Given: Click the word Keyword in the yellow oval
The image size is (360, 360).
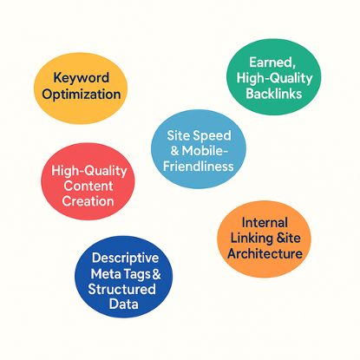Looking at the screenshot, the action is pyautogui.click(x=82, y=78).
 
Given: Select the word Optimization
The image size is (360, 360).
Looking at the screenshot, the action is pyautogui.click(x=82, y=95).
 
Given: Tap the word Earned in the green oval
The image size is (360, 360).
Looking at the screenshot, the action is pyautogui.click(x=272, y=62).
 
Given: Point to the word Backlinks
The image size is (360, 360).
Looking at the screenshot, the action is pyautogui.click(x=274, y=94).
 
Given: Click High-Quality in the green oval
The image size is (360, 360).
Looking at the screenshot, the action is pyautogui.click(x=275, y=78).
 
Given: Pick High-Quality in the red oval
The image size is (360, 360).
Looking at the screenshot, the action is pyautogui.click(x=89, y=171).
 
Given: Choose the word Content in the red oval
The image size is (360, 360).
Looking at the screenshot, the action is pyautogui.click(x=88, y=186).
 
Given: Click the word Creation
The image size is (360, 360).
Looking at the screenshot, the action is pyautogui.click(x=88, y=201).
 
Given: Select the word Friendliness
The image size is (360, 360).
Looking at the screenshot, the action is pyautogui.click(x=199, y=167).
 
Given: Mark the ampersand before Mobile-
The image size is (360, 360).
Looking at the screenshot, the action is pyautogui.click(x=174, y=151).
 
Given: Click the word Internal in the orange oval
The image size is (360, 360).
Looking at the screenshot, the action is pyautogui.click(x=265, y=223).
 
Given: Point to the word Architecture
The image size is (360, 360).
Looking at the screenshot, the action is pyautogui.click(x=265, y=253).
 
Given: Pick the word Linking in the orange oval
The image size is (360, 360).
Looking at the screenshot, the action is pyautogui.click(x=252, y=239).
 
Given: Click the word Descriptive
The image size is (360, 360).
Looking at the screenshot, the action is pyautogui.click(x=125, y=259).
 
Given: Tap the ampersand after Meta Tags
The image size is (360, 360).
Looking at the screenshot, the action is pyautogui.click(x=156, y=273).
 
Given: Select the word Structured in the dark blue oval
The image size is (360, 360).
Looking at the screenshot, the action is pyautogui.click(x=121, y=289).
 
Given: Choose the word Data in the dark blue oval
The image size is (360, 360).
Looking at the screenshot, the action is pyautogui.click(x=124, y=304).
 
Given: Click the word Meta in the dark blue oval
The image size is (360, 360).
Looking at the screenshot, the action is pyautogui.click(x=104, y=274).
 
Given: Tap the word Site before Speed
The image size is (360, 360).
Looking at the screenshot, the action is pyautogui.click(x=179, y=135).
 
